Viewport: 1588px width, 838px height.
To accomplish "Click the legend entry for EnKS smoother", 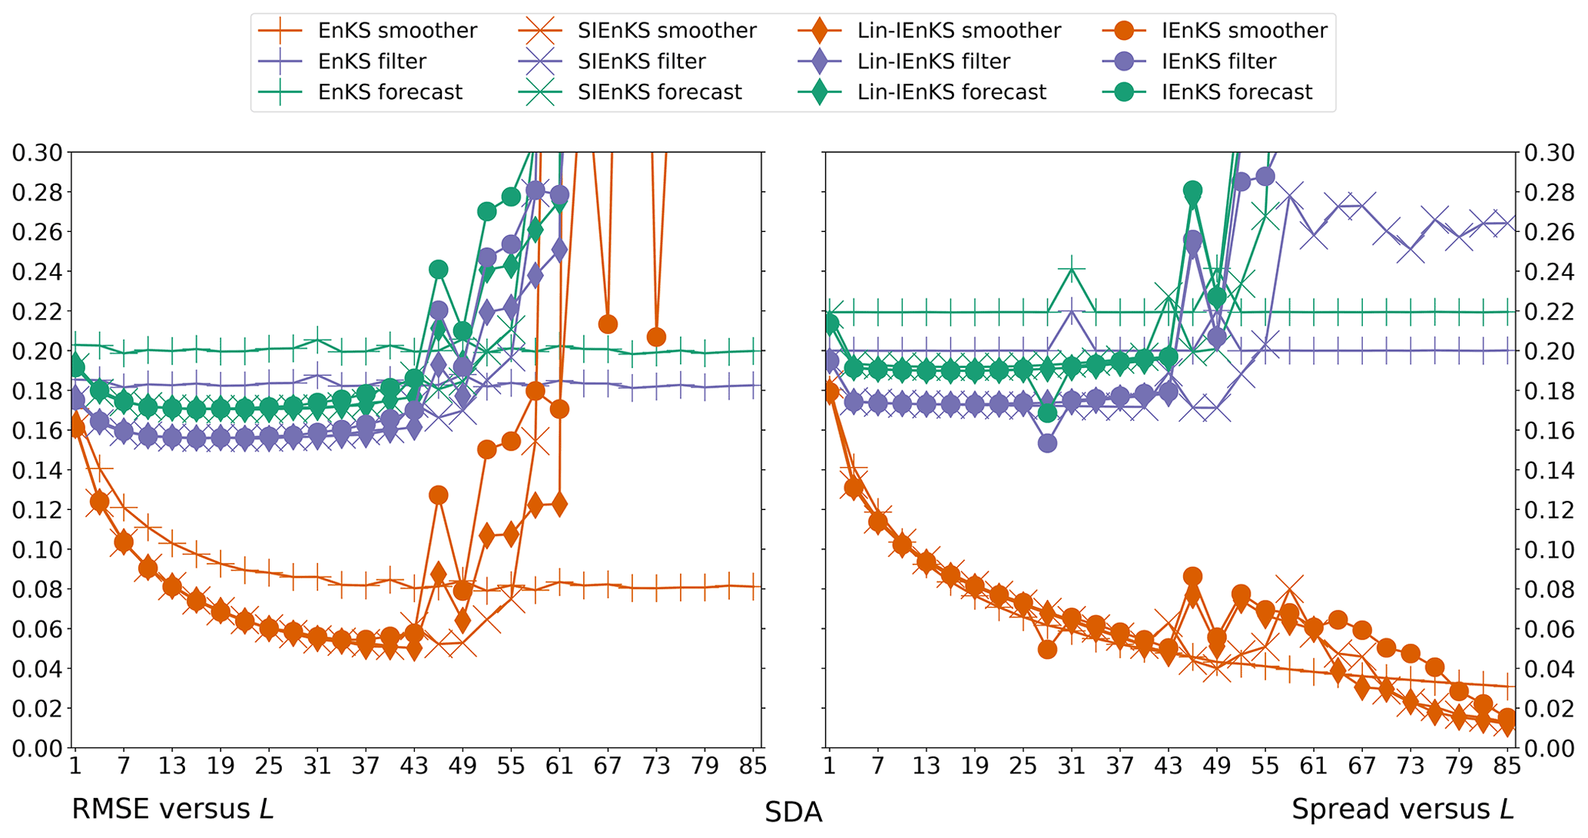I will (396, 31).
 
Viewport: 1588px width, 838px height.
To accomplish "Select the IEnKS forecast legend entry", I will (1237, 92).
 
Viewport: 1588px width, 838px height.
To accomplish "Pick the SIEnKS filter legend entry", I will (641, 61).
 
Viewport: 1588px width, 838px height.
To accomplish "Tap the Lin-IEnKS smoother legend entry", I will (958, 31).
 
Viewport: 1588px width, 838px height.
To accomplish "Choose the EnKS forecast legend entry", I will (390, 92).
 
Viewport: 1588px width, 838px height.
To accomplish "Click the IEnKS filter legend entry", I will (1218, 61).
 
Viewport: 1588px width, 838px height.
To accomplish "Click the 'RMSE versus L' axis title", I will (172, 809).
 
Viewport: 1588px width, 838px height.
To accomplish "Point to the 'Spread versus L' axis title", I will (1402, 809).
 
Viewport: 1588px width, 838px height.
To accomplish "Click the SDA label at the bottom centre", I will (793, 813).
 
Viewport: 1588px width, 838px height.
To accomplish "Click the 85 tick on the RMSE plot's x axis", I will (753, 766).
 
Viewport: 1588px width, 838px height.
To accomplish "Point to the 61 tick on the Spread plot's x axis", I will (1314, 766).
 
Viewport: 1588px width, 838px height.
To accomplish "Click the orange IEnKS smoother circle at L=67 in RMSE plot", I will (608, 324).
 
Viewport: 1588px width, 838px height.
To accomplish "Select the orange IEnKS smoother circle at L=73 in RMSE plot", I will (656, 337).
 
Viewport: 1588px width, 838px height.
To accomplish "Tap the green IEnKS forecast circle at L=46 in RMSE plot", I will (439, 270).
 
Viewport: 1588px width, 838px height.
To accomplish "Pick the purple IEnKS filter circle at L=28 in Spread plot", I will (1047, 443).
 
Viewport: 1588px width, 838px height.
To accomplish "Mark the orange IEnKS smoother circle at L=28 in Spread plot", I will (1047, 649).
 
